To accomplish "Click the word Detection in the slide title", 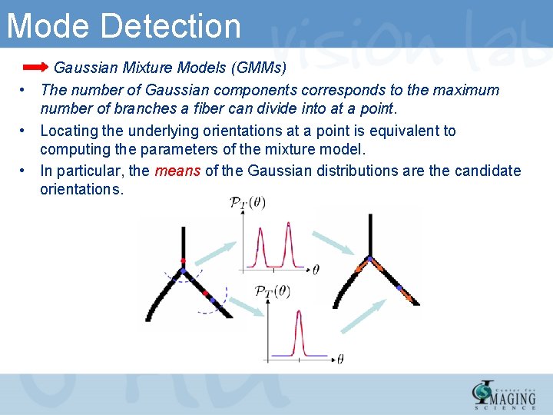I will [x=170, y=25].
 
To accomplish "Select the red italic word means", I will [x=177, y=171].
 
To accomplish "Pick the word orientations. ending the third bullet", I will [x=81, y=189].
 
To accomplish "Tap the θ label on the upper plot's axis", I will [x=316, y=270].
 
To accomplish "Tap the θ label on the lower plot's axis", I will [x=339, y=358].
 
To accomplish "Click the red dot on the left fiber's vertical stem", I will [x=183, y=261].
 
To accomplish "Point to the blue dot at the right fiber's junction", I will [x=370, y=259].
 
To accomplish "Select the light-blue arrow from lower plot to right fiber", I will [x=362, y=316].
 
